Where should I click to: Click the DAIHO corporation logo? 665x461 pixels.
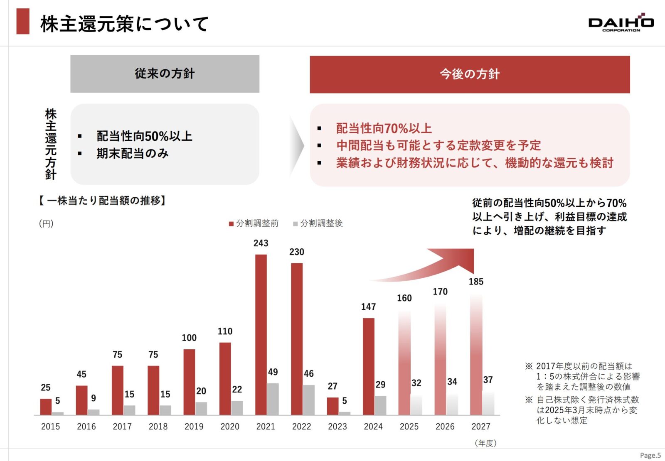click(621, 23)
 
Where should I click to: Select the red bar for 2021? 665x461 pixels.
click(261, 334)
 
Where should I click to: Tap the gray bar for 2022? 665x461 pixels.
click(309, 400)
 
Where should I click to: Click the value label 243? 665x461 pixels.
click(261, 243)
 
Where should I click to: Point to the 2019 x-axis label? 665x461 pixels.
click(194, 427)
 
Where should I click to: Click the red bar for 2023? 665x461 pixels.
click(332, 406)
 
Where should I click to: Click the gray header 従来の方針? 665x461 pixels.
click(165, 74)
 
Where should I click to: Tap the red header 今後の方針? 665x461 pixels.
click(470, 74)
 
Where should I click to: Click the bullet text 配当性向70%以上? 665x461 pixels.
click(384, 128)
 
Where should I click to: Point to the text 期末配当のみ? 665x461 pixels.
click(133, 154)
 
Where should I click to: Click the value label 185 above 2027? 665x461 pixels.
click(476, 282)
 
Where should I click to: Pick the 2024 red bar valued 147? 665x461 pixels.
click(368, 366)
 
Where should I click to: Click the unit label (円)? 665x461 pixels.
click(46, 223)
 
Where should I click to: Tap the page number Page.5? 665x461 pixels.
click(650, 455)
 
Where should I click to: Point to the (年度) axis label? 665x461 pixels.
click(485, 443)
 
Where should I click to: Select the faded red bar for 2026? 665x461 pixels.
click(440, 359)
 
